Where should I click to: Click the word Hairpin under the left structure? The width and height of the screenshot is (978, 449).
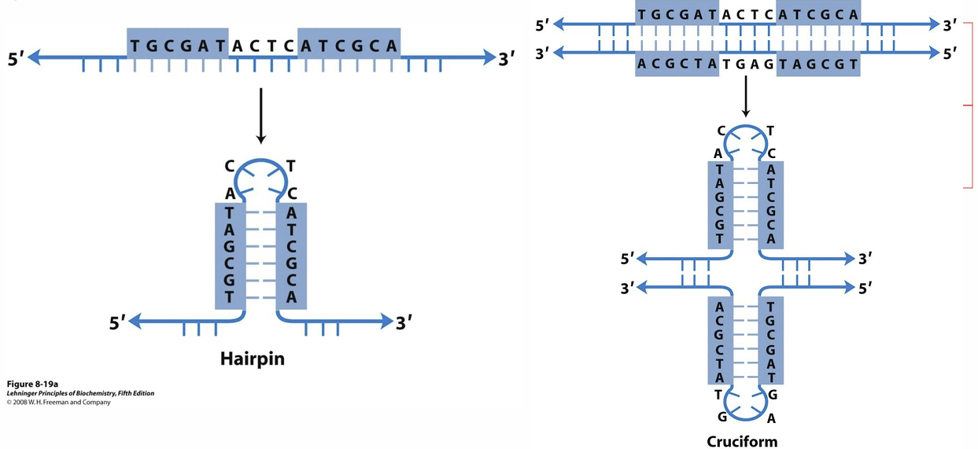click(252, 359)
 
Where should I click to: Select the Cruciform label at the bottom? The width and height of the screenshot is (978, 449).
click(742, 441)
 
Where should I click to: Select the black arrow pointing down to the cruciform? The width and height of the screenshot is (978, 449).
click(745, 98)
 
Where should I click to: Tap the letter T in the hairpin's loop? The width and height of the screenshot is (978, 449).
click(290, 166)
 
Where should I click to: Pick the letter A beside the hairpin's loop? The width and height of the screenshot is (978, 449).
click(229, 193)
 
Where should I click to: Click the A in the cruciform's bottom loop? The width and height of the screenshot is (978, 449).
click(771, 418)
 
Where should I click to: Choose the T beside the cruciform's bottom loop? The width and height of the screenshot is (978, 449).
click(718, 394)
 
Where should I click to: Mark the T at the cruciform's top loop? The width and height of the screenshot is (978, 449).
click(769, 131)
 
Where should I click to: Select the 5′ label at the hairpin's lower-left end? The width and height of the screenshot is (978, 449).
click(117, 322)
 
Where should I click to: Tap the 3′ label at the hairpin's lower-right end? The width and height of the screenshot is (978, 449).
click(404, 322)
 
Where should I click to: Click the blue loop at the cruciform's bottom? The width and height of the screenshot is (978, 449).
click(744, 406)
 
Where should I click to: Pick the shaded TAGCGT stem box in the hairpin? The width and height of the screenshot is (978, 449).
click(229, 255)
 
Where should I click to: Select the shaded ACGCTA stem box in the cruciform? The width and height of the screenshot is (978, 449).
click(720, 340)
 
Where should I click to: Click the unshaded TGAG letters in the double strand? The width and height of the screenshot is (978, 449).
click(745, 64)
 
